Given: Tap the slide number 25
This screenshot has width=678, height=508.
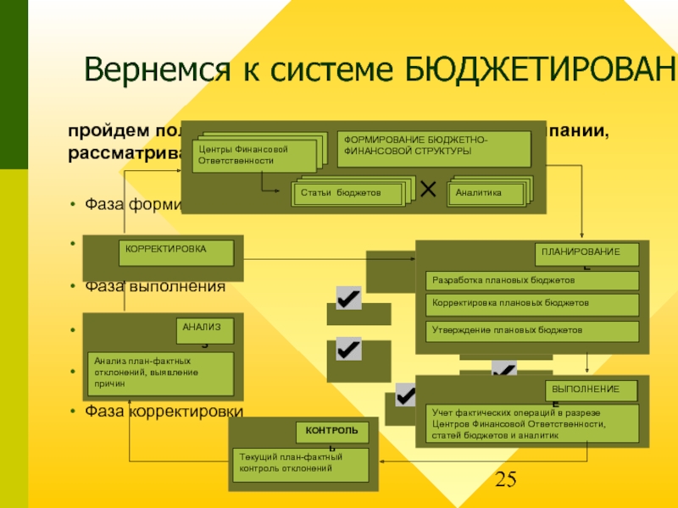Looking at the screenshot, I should point(505,481).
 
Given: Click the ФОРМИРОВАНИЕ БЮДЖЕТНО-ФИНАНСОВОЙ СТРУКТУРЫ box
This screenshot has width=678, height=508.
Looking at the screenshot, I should point(434,149).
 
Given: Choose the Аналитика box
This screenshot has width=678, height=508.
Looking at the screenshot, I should point(485,193).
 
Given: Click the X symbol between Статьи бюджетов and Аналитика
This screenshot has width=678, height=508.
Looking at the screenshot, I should point(428,190).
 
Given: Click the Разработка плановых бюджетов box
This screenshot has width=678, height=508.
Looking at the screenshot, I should point(531,280).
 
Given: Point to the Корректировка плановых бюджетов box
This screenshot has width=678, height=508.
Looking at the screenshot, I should point(531,303).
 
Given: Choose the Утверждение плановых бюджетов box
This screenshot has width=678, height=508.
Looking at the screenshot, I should point(531,330).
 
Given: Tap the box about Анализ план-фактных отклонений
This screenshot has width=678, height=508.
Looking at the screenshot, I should point(162,373).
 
